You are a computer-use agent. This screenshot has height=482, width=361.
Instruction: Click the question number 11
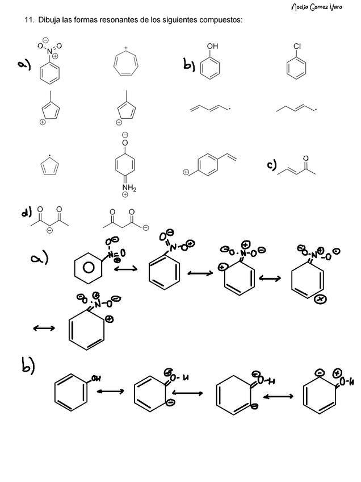(x=28, y=20)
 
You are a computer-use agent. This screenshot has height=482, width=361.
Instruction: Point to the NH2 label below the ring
(x=125, y=188)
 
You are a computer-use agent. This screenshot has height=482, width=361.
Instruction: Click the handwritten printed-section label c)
(x=272, y=165)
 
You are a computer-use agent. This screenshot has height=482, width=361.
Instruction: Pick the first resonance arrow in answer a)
(x=126, y=271)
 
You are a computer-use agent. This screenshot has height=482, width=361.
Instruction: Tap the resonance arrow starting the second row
(x=44, y=328)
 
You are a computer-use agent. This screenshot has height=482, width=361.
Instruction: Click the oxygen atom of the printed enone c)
(x=306, y=157)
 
